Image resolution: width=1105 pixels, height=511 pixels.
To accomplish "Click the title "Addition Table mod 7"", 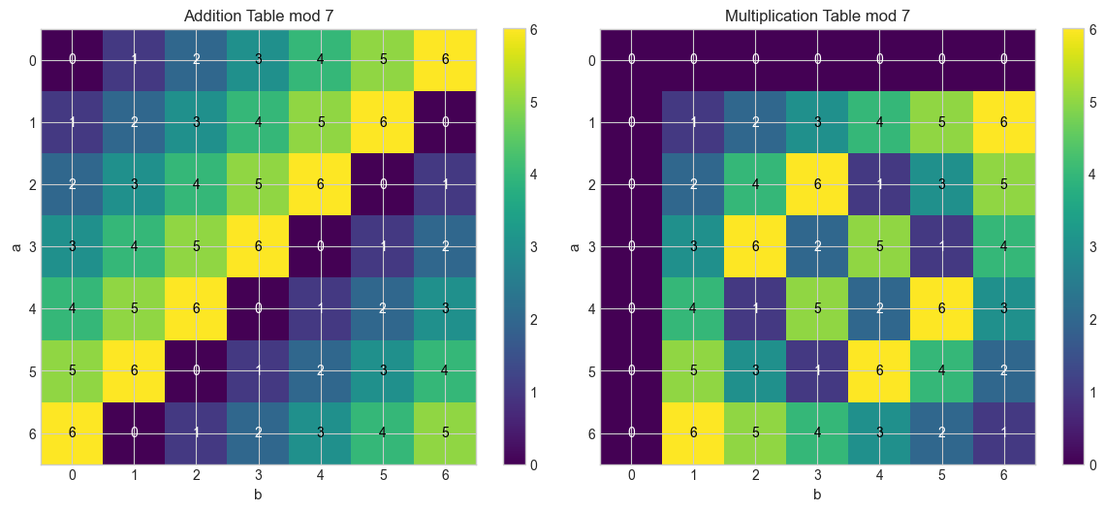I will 259,16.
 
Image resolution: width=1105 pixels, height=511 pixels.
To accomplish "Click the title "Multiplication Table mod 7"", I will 817,16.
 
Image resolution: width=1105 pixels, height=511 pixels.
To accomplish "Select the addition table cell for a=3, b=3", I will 259,246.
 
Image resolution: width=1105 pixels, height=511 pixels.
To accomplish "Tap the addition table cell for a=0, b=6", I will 445,60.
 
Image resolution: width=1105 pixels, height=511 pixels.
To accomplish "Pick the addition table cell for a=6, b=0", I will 73,432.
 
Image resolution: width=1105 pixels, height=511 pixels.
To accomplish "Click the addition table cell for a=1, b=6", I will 445,122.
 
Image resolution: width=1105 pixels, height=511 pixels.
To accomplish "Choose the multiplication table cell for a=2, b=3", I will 817,184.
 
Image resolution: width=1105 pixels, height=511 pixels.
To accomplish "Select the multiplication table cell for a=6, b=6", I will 1003,432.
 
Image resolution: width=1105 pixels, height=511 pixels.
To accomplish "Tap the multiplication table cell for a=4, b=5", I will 941,308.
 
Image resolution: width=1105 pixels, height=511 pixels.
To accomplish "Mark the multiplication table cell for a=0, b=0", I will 631,60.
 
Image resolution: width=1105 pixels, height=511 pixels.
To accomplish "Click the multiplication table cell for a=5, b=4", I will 879,370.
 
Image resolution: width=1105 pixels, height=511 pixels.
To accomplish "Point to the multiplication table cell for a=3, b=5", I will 941,246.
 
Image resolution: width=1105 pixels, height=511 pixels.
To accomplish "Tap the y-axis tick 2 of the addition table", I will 33,184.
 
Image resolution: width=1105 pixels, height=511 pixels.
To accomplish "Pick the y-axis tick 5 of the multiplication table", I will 591,370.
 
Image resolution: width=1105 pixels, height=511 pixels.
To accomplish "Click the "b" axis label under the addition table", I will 259,495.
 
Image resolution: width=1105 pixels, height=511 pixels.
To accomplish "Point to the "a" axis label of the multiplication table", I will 575,246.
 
